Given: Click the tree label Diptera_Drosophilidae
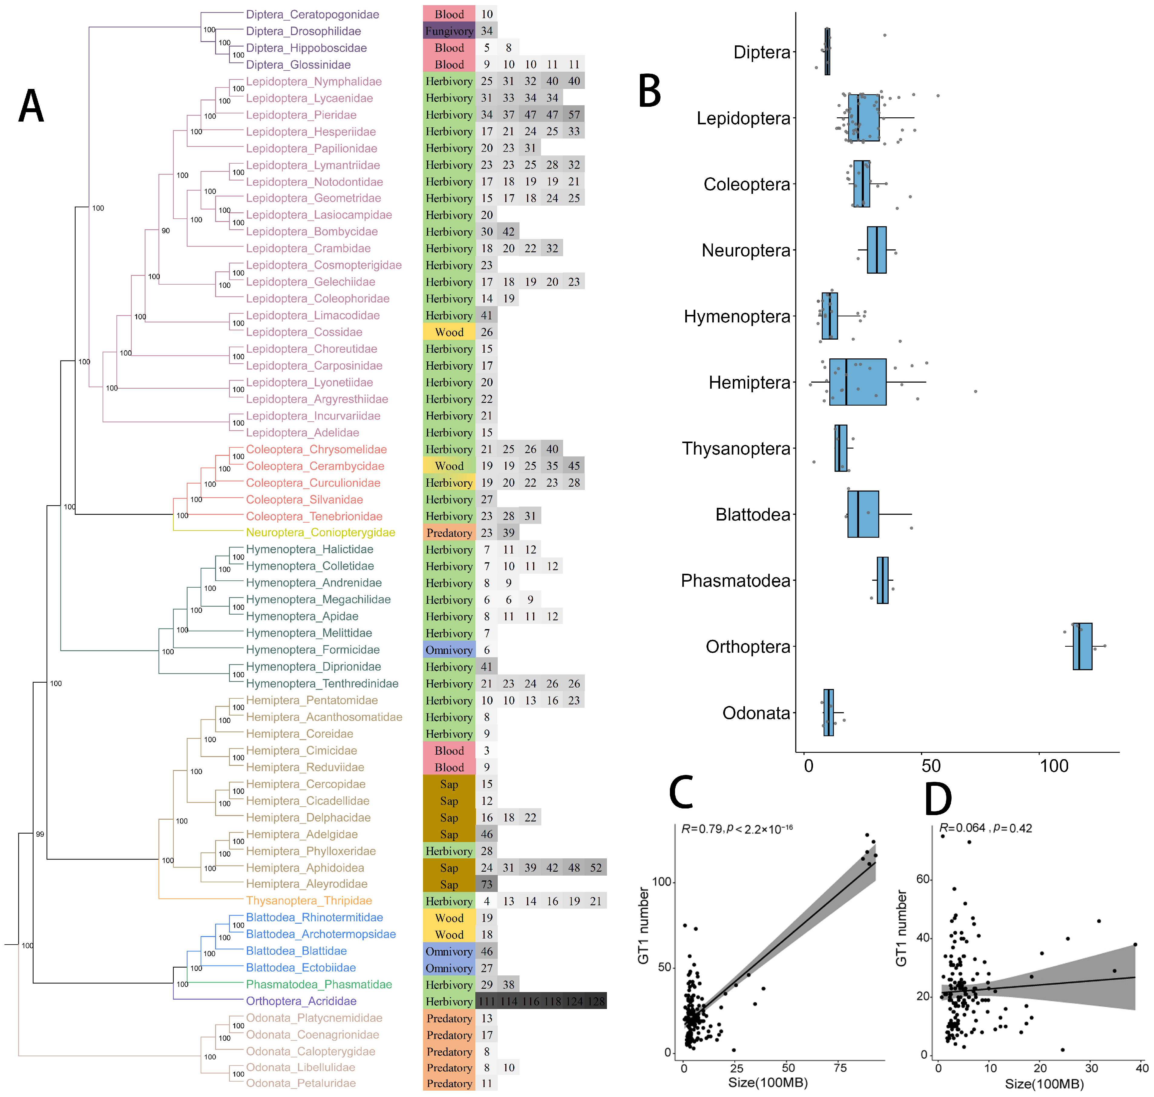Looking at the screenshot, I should [303, 31].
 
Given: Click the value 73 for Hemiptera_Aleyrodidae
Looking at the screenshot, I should [487, 884].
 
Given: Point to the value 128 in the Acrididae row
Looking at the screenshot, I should [596, 1001].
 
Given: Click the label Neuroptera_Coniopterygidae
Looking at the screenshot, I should [320, 533].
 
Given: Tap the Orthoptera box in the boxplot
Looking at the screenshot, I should [1082, 646].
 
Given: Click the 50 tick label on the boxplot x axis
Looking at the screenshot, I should [931, 766].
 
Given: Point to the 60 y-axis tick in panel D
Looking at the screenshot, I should [923, 880].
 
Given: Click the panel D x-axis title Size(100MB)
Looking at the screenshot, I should [1044, 1084].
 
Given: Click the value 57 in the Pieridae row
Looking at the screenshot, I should [574, 115].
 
